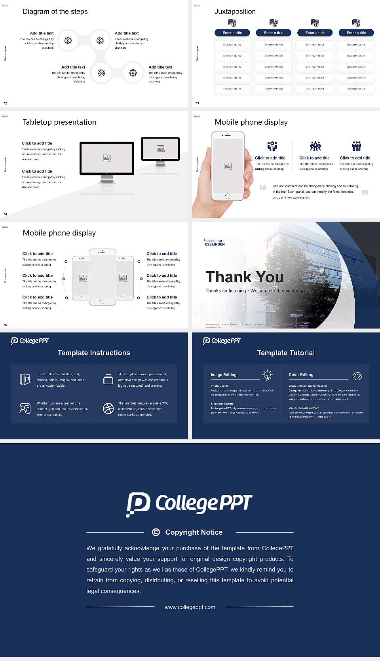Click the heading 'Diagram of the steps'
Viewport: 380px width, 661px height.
coord(55,11)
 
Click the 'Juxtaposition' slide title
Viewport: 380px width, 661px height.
coord(235,11)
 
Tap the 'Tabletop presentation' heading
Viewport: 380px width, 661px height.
coord(59,122)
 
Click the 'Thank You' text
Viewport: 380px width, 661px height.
coord(244,277)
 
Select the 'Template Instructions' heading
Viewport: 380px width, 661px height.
coord(94,353)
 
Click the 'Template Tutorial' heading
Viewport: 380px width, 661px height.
coord(286,353)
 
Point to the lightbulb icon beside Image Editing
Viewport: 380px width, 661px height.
coord(267,375)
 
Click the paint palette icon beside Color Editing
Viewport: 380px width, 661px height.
coord(357,376)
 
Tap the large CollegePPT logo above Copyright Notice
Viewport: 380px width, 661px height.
coord(189,504)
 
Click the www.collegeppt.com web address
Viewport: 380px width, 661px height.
coord(190,607)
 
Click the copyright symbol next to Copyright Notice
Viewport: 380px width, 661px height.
coord(156,532)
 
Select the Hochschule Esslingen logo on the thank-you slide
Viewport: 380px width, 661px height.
coord(215,242)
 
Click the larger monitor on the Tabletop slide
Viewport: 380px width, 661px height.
coord(107,159)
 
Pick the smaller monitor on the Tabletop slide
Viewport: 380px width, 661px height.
coord(160,149)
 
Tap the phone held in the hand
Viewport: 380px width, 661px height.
coord(227,166)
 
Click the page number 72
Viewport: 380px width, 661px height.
coord(5,103)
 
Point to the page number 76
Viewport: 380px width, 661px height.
coord(5,325)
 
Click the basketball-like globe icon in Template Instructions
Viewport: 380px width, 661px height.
coord(108,408)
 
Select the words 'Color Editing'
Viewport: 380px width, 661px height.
coord(301,375)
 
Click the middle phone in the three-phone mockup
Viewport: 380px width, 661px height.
coord(102,277)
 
